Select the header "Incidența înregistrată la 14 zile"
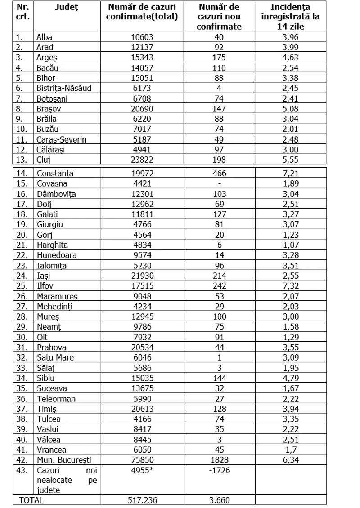coord(291,17)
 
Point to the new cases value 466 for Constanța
coord(219,173)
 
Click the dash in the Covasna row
coord(219,183)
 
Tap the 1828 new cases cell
coord(219,460)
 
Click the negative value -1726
coord(219,471)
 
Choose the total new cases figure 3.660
coord(219,499)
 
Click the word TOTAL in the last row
coord(31,499)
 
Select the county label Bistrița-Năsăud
coord(64,88)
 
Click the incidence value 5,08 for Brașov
coord(291,108)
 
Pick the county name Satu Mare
coord(55,357)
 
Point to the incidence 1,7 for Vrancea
coord(291,450)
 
